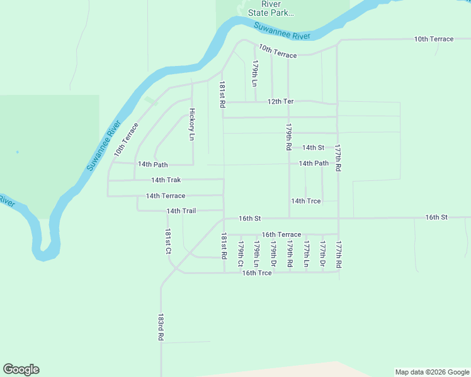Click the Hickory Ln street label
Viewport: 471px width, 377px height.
(192, 124)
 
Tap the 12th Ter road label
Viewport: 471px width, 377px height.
(280, 101)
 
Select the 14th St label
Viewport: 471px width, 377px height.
(313, 148)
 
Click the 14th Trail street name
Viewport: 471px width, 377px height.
(181, 211)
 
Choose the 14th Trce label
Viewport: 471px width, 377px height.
(305, 201)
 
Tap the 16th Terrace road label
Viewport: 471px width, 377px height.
(281, 234)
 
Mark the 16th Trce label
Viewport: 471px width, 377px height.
(257, 273)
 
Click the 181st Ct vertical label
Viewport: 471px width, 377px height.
(168, 242)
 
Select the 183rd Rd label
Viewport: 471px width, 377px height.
(161, 327)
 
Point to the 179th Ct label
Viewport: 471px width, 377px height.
(240, 254)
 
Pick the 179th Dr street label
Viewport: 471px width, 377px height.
(273, 254)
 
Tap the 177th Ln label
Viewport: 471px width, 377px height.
(306, 254)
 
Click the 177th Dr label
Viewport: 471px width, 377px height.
(322, 254)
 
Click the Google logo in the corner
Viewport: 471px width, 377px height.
(21, 369)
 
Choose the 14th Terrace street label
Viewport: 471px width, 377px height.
(166, 196)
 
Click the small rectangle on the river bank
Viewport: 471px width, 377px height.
(150, 101)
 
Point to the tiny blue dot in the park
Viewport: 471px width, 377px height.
(17, 152)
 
